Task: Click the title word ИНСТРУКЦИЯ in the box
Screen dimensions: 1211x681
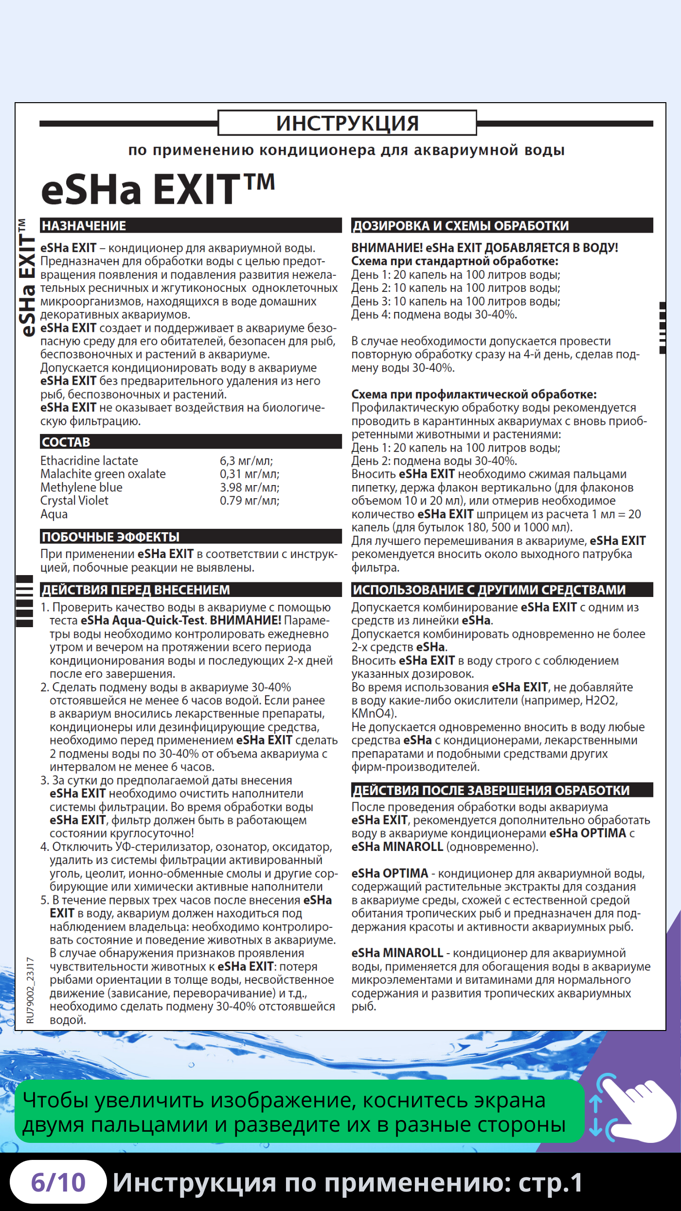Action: click(x=347, y=123)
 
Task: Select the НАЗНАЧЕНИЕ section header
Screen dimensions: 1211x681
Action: click(x=84, y=226)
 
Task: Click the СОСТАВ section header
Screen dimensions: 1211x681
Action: click(x=66, y=442)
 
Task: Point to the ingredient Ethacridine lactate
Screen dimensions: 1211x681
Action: click(x=89, y=461)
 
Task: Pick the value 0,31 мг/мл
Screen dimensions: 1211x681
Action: click(x=250, y=474)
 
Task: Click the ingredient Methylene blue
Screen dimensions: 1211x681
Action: click(x=81, y=488)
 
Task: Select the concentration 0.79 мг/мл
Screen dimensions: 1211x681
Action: click(x=250, y=501)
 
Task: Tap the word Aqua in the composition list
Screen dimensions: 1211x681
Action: click(x=54, y=514)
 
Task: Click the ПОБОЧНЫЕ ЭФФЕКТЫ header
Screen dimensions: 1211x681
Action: click(x=111, y=537)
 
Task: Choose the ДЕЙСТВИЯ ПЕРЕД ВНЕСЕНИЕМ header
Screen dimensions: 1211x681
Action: click(x=136, y=590)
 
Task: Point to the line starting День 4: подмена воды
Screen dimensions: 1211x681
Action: click(x=434, y=315)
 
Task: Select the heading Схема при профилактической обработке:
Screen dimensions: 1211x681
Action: click(x=474, y=394)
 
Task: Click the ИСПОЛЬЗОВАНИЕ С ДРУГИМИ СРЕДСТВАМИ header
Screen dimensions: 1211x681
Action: click(x=489, y=590)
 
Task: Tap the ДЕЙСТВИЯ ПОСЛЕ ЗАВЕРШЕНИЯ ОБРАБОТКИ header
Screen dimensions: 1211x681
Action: click(x=491, y=790)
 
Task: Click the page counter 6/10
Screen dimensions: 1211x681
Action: click(x=58, y=1182)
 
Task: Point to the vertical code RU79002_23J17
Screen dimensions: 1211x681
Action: click(x=31, y=990)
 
